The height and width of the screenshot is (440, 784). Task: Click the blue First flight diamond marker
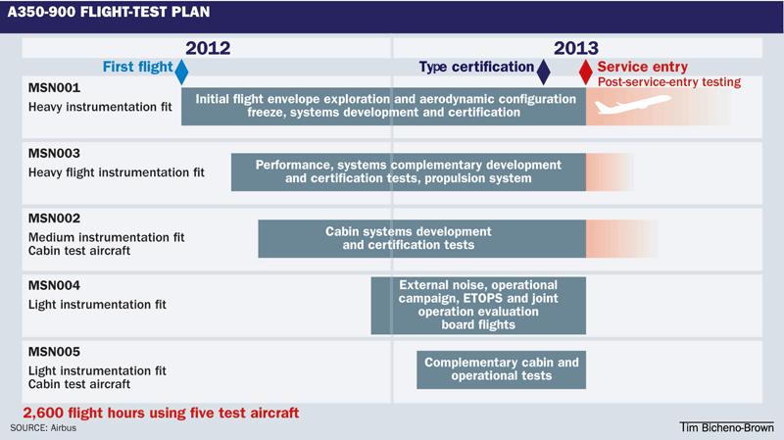(x=180, y=71)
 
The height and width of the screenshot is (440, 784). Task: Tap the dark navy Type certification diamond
(x=543, y=71)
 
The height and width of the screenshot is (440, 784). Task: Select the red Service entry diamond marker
(x=585, y=71)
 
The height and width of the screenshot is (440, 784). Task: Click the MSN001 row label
(x=54, y=87)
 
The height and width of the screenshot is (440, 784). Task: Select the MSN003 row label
(x=54, y=154)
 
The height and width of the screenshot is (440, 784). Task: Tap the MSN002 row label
(x=54, y=219)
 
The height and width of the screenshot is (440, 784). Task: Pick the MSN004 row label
(x=54, y=286)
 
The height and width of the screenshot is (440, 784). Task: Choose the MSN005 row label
(x=54, y=352)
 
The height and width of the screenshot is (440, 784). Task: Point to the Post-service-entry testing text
(x=669, y=82)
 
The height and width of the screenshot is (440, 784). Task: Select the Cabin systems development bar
(x=421, y=239)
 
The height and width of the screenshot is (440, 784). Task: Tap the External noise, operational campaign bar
(x=478, y=305)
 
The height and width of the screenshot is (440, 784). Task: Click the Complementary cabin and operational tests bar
(x=501, y=368)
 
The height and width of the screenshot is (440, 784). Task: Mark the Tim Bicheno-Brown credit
(x=725, y=428)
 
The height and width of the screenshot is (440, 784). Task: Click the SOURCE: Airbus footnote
(x=43, y=428)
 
